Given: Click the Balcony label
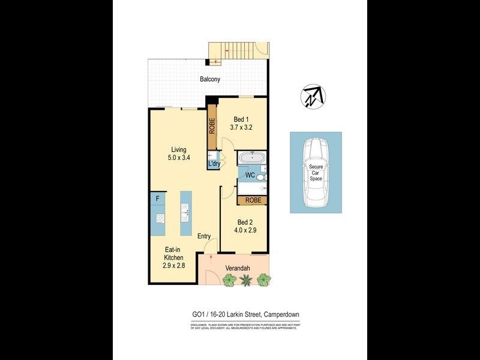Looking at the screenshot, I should coord(210,79).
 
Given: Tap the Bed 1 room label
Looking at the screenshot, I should coord(239,119).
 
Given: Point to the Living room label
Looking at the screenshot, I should coord(179,149).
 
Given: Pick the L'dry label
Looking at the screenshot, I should coord(214,163).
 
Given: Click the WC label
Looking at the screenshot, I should coord(250,176).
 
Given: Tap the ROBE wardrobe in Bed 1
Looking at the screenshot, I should coord(212,127).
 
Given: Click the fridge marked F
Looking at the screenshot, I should coord(157,198).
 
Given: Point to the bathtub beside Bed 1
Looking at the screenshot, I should coord(251,159).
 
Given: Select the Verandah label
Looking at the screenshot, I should coord(238,268).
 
